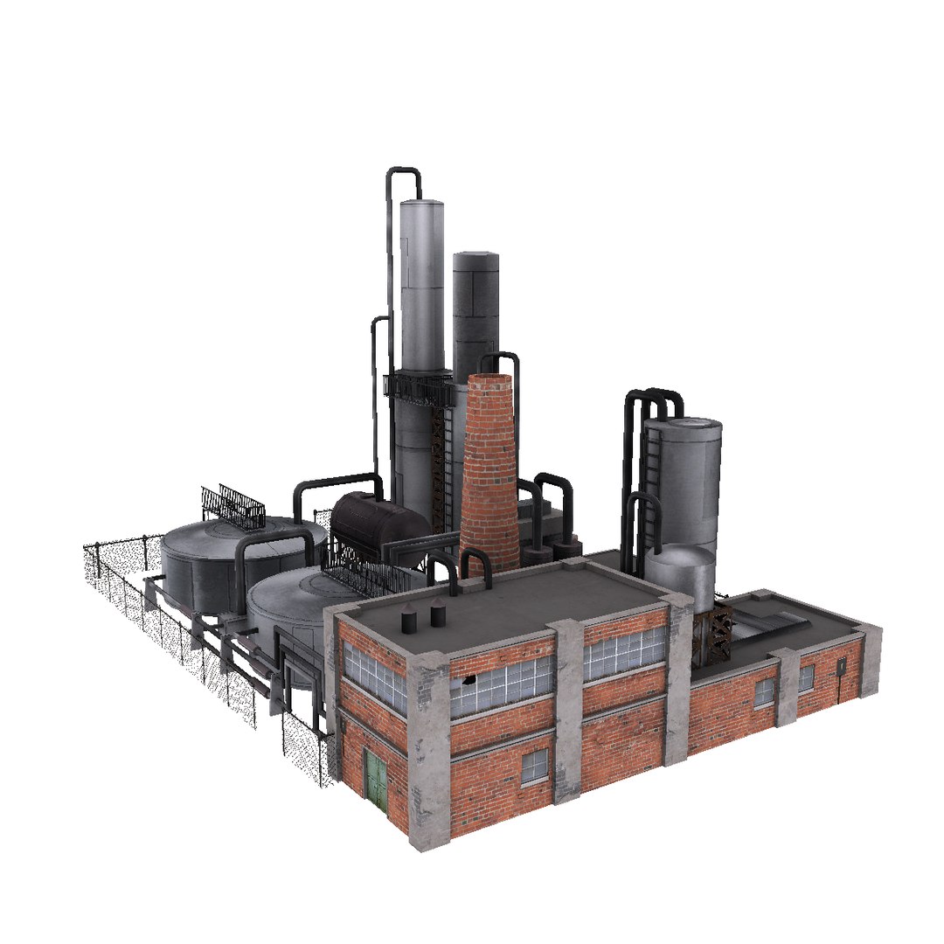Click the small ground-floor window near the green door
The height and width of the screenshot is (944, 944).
[x=534, y=767]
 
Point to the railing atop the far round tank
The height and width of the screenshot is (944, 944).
[x=233, y=506]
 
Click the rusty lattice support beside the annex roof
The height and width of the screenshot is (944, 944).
[x=718, y=625]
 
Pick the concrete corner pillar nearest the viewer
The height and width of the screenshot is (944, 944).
[x=428, y=752]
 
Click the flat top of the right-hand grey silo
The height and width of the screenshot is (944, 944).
[x=684, y=426]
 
